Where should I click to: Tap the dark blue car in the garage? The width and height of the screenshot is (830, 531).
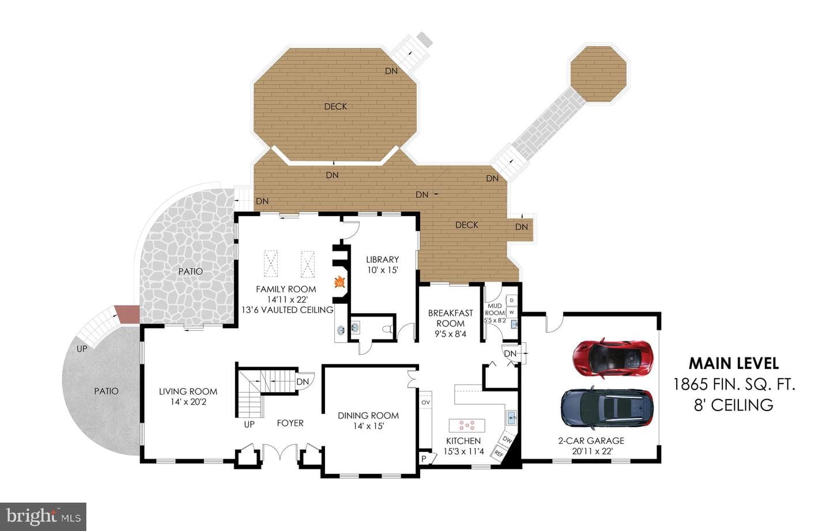tap(608, 408)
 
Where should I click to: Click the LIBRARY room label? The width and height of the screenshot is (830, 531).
tap(382, 259)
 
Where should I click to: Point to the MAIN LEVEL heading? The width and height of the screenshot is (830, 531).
tap(734, 363)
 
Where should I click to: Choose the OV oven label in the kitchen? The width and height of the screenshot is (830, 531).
tap(426, 402)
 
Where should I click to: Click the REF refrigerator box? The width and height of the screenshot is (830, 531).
tap(499, 453)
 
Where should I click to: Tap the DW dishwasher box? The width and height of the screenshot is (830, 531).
tap(507, 440)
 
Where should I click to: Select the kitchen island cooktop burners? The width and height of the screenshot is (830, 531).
tap(467, 425)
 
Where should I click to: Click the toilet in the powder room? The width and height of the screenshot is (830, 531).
tap(387, 329)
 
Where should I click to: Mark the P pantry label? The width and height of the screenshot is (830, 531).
tap(424, 459)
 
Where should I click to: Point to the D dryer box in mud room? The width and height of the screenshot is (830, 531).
tap(512, 300)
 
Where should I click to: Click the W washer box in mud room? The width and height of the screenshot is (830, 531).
tap(512, 312)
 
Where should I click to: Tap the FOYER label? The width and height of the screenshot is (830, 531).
tap(290, 423)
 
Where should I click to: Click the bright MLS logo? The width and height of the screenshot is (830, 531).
tap(43, 517)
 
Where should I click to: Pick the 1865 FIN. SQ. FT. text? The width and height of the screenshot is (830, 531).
tap(734, 384)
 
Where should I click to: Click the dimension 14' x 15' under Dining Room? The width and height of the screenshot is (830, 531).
tap(368, 426)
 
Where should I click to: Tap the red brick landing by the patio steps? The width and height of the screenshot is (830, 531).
tap(127, 314)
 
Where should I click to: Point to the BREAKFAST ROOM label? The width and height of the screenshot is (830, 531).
tap(450, 318)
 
